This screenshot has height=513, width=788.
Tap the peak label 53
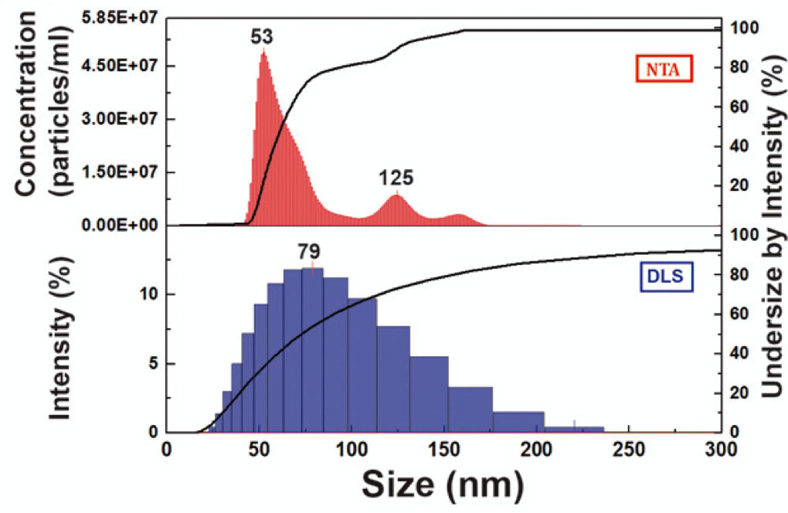261,36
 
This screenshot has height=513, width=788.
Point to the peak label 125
396,178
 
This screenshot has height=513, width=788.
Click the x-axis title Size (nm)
443,484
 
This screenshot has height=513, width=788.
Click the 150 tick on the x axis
443,449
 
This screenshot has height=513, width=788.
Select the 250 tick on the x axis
629,449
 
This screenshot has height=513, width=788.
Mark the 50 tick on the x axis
259,449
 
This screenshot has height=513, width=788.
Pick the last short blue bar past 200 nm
586,429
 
